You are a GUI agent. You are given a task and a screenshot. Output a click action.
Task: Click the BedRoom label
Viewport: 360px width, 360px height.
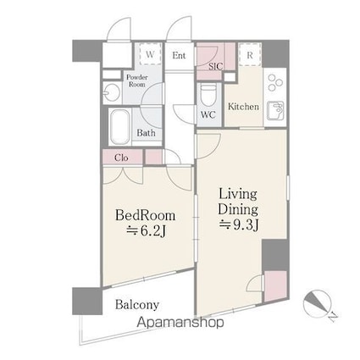tap(145, 215)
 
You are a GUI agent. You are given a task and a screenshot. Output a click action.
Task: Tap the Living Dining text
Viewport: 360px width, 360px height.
tap(238, 202)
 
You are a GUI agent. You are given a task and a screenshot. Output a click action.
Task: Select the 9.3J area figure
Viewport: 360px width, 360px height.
tap(239, 224)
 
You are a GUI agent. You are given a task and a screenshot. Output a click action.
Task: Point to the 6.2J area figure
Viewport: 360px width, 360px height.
tap(146, 231)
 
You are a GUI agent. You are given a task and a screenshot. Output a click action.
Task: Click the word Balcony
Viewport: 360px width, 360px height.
tap(137, 305)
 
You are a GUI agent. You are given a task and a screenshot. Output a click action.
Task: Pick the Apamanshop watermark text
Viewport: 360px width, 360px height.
tap(180, 323)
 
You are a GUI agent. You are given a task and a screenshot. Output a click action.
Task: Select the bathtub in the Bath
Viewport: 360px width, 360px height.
tap(119, 127)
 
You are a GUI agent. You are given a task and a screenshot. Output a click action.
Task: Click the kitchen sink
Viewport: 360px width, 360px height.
tap(274, 110)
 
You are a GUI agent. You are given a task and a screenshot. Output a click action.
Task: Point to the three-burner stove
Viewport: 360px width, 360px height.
tap(275, 82)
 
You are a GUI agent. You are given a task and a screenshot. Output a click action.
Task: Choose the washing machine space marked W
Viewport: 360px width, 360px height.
tap(150, 54)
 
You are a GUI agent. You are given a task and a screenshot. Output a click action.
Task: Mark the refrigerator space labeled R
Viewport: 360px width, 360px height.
tap(250, 54)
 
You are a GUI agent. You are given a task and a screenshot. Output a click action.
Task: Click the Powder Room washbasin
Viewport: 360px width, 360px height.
tap(112, 92)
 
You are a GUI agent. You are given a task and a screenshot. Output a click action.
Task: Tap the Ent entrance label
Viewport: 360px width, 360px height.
tap(179, 55)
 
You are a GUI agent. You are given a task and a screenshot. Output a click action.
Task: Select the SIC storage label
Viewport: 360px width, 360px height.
tap(216, 67)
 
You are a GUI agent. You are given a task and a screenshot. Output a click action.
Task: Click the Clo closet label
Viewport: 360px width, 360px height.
tap(121, 158)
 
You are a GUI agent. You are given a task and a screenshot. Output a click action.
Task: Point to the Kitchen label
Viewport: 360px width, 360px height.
tap(243, 107)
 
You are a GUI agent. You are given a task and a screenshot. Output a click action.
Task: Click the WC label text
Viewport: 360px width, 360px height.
tap(208, 115)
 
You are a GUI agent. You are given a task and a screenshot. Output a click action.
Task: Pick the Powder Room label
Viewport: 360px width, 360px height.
tap(137, 80)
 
